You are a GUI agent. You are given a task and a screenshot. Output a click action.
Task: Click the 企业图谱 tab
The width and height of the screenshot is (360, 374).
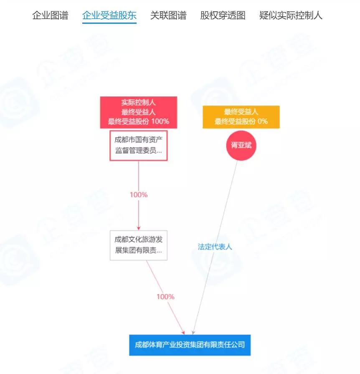point(50,16)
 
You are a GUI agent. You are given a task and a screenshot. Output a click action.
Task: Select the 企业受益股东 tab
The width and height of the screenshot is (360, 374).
point(109,16)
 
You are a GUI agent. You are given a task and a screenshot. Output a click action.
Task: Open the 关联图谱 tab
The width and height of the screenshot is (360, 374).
point(168,16)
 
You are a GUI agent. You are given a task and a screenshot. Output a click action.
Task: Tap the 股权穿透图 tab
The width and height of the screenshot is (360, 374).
point(223,16)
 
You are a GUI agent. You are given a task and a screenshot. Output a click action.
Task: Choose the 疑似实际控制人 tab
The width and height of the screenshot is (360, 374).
point(291,16)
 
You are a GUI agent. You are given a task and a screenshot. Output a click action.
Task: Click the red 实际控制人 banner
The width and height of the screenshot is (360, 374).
point(139,112)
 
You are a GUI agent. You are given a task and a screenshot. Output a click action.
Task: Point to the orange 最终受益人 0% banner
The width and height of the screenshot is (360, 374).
point(241,117)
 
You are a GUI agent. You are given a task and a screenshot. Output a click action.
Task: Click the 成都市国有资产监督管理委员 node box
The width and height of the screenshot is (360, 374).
point(139,146)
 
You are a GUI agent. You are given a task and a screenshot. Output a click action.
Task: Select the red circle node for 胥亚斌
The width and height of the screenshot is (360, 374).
point(241,146)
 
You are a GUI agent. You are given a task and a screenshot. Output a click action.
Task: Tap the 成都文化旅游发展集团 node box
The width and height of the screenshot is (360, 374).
point(139,246)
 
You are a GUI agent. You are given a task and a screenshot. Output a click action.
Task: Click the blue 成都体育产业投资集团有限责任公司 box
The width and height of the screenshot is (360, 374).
point(190,345)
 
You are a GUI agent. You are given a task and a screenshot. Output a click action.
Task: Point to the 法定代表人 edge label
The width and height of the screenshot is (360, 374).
point(215,247)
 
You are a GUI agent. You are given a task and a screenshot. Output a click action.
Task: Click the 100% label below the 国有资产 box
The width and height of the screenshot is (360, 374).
point(139,195)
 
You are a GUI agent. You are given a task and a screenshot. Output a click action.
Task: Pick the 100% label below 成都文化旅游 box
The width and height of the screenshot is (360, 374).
point(165,297)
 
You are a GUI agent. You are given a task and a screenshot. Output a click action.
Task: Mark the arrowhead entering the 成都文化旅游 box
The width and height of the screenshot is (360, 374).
point(139,228)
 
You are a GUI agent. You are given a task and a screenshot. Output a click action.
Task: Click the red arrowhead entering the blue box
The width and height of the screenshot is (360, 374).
point(183,332)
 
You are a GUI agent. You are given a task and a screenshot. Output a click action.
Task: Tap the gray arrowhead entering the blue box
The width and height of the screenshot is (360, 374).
point(193,332)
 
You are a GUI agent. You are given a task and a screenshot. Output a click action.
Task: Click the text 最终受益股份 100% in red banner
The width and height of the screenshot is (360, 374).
point(139,121)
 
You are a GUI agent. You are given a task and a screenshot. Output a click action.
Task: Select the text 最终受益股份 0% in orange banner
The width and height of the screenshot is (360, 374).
point(241,121)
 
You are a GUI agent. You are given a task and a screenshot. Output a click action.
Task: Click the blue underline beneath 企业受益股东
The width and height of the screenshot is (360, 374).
point(109,23)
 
